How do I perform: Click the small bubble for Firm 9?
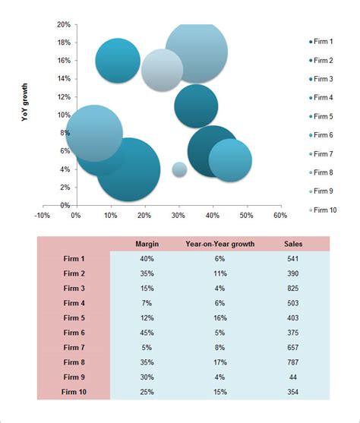tap(179, 169)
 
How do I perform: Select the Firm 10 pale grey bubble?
tap(162, 70)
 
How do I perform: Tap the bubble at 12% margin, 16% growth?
tap(118, 60)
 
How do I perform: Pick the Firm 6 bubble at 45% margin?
tap(230, 159)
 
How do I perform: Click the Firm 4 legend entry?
tap(322, 97)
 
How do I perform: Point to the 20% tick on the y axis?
tap(63, 24)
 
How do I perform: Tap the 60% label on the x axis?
tap(279, 216)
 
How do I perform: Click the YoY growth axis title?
tap(26, 102)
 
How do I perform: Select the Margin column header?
tap(146, 244)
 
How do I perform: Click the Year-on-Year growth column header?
tap(220, 244)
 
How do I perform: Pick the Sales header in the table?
tap(292, 244)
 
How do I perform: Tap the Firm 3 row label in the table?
tap(74, 287)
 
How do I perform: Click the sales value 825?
tap(292, 287)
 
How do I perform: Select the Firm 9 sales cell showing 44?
tap(292, 377)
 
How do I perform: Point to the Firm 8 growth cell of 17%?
tap(220, 361)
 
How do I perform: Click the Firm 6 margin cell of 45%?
tap(146, 332)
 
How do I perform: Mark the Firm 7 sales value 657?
tap(292, 347)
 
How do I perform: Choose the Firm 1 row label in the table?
tap(74, 258)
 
